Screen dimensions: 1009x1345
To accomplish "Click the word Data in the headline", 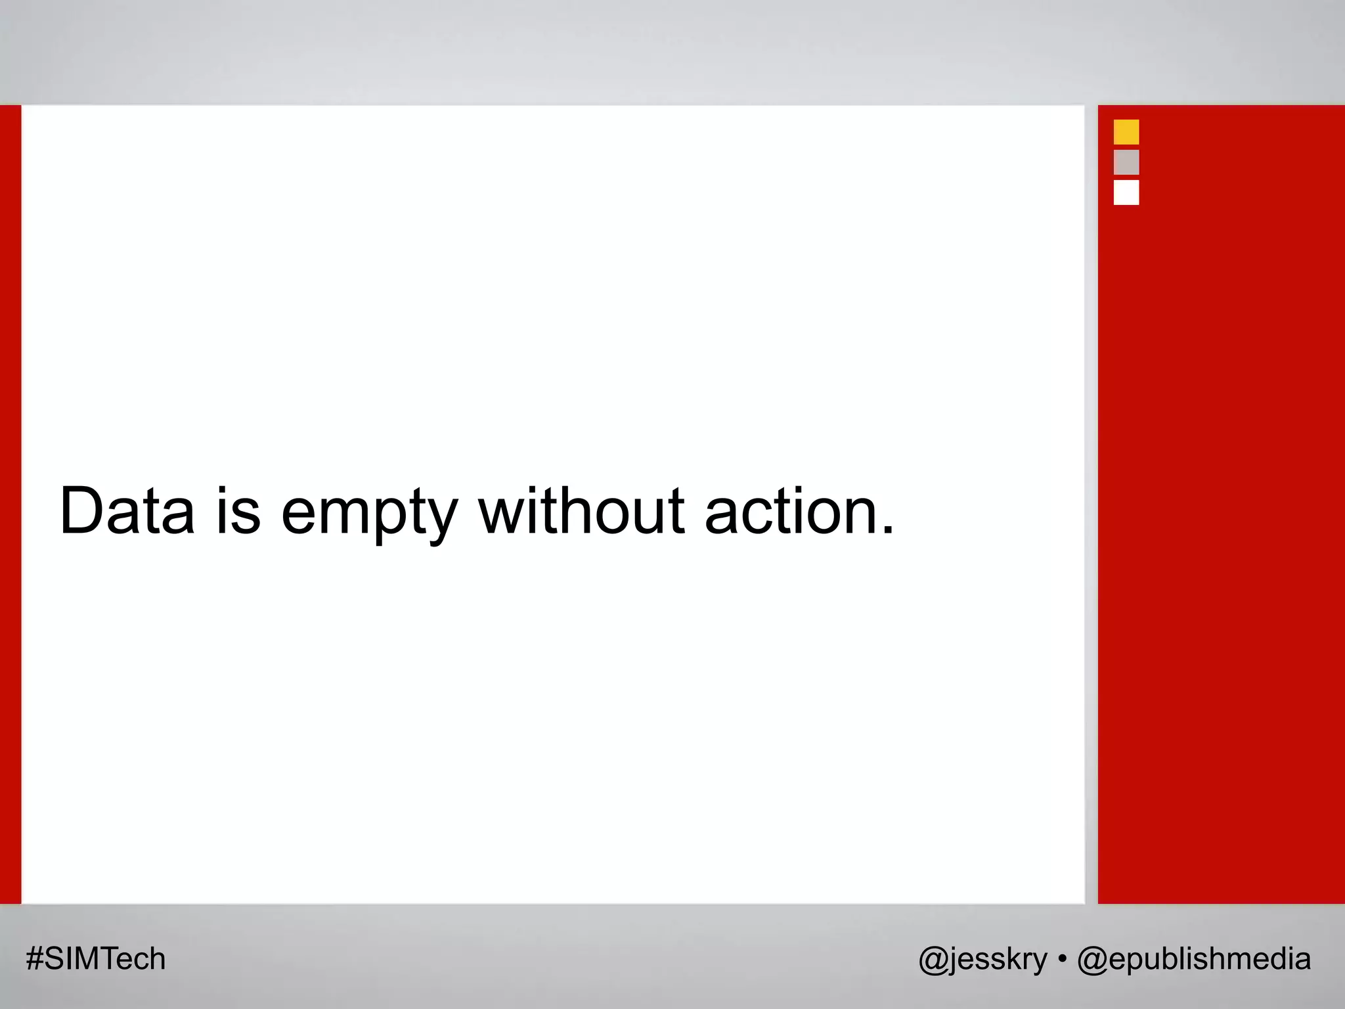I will pyautogui.click(x=127, y=511).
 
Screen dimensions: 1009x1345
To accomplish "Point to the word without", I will pyautogui.click(x=582, y=511).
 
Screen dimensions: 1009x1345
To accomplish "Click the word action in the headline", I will pyautogui.click(x=790, y=511).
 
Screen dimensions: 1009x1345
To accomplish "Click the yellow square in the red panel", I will pyautogui.click(x=1126, y=132).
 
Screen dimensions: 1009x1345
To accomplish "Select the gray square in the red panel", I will pyautogui.click(x=1126, y=162).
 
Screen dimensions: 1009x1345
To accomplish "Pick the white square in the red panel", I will pyautogui.click(x=1126, y=192).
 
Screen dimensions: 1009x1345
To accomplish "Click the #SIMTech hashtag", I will pyautogui.click(x=96, y=959).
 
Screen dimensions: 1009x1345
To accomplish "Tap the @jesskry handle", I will pyautogui.click(x=982, y=959).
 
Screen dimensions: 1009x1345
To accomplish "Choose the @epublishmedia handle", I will pyautogui.click(x=1194, y=959).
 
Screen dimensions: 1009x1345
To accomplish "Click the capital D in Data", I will pyautogui.click(x=81, y=511).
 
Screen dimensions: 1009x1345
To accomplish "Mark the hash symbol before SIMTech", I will pyautogui.click(x=34, y=959).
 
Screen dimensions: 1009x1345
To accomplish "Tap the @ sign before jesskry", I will pyautogui.click(x=933, y=960).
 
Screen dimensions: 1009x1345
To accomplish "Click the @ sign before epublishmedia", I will pyautogui.click(x=1091, y=960).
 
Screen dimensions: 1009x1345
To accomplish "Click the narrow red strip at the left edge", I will pyautogui.click(x=11, y=504).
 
